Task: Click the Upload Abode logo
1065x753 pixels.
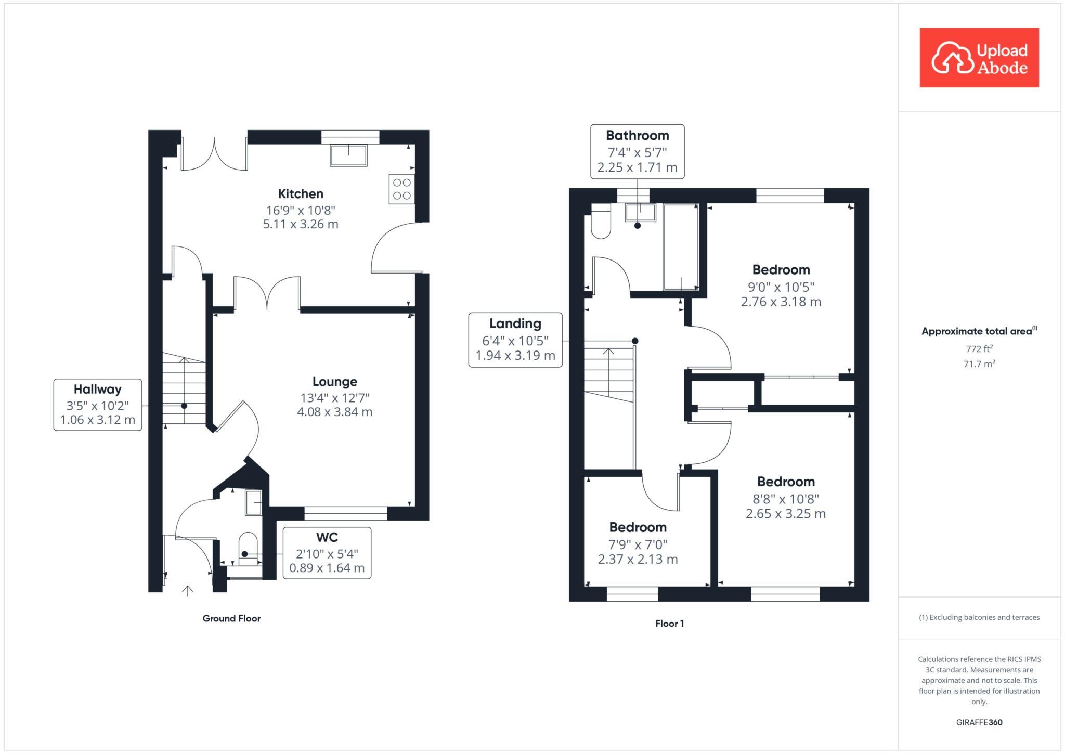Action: click(x=979, y=58)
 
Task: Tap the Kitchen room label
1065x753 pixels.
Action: click(x=301, y=194)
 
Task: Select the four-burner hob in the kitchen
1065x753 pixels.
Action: click(x=402, y=189)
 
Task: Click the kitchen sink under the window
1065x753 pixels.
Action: click(x=348, y=155)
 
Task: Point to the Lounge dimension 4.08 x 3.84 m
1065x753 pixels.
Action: click(x=334, y=412)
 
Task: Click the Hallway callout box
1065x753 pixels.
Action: click(x=98, y=405)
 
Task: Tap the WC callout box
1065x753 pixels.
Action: click(x=327, y=553)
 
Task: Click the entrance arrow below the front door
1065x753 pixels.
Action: click(x=188, y=591)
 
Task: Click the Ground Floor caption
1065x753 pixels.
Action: click(x=231, y=618)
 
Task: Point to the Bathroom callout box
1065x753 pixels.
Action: click(x=637, y=151)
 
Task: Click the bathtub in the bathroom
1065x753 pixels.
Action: click(x=681, y=247)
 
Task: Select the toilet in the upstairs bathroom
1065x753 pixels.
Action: click(x=601, y=222)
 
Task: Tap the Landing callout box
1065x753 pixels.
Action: click(x=515, y=340)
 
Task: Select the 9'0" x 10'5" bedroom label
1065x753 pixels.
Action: click(x=781, y=270)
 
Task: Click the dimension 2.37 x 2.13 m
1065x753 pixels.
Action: click(x=638, y=560)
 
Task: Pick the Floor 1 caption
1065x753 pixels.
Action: click(x=669, y=624)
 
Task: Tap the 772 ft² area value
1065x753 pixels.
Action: click(x=979, y=349)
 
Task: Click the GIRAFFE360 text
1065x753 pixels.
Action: click(x=979, y=722)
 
